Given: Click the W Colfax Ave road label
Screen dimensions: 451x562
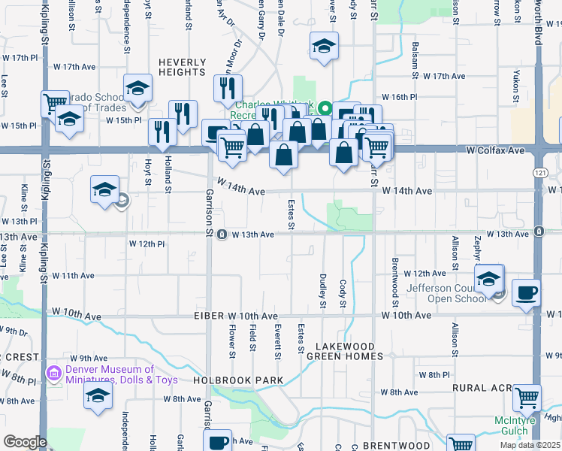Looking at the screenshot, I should pos(494,150).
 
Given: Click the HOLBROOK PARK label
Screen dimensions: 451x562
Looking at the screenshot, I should pos(238,380).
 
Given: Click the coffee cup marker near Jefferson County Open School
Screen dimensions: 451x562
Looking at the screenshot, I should pos(526,292).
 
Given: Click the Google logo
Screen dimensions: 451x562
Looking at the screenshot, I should pos(25,441).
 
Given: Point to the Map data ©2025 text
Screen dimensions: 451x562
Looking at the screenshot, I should pos(530,445).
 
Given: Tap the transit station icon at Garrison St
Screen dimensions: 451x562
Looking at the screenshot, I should pos(222,235).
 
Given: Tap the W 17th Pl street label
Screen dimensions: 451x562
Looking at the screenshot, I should pos(20,57).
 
